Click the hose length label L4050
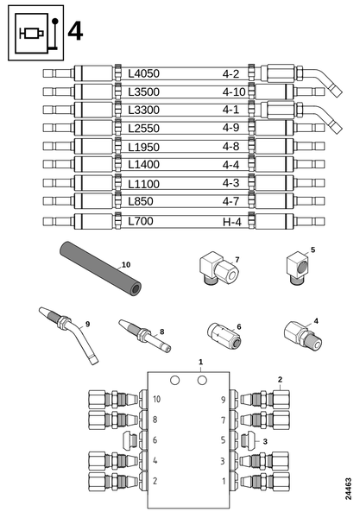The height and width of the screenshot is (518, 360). [x=143, y=73]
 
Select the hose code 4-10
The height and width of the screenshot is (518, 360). [x=234, y=92]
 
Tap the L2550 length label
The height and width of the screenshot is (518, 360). [x=143, y=128]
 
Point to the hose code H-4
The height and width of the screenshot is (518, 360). [x=232, y=222]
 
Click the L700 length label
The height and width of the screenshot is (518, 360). [x=141, y=221]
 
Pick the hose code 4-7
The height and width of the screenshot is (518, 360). [x=231, y=201]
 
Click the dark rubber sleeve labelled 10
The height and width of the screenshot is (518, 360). [x=100, y=268]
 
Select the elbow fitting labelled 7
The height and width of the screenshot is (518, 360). [x=219, y=268]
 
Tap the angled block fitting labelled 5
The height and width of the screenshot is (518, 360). [x=299, y=268]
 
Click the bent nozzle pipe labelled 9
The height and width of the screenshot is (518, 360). [x=69, y=335]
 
